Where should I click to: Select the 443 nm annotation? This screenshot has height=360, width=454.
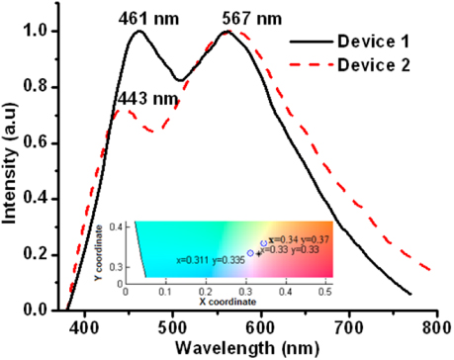coord(142,99)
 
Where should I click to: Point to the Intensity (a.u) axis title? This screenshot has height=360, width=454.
coord(13,168)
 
